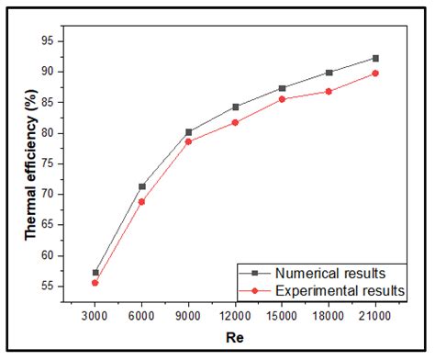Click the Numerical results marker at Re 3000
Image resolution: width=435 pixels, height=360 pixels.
pos(95,273)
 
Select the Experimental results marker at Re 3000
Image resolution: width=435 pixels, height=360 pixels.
pos(95,283)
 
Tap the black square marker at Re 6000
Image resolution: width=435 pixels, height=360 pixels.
pos(142,186)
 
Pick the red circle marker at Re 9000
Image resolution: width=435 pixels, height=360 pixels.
pos(189,141)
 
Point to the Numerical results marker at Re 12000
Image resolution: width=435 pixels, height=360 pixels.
pos(236,107)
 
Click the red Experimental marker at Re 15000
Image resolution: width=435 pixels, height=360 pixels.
pos(283,98)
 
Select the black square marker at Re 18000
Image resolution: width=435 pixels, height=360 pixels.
pos(329,73)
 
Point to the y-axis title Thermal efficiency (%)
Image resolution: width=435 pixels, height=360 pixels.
pos(30,164)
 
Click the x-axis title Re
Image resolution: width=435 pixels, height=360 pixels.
pos(235,343)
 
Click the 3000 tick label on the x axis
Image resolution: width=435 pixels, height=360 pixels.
pos(95,316)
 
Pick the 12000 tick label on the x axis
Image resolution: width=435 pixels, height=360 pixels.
pos(236,316)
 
